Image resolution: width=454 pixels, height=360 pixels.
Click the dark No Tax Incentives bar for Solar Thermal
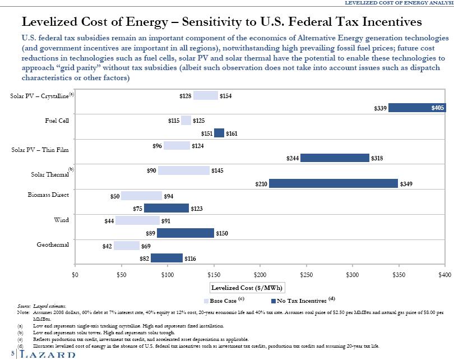[333, 183]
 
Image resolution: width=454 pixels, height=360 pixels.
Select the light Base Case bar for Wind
[137, 220]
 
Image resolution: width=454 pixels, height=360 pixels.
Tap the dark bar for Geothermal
[166, 258]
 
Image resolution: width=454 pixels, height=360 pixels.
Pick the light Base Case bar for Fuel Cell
[186, 120]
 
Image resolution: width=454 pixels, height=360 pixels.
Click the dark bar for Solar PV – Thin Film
[335, 158]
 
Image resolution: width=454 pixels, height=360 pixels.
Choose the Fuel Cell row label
[57, 121]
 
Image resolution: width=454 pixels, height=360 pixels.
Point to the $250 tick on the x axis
[306, 275]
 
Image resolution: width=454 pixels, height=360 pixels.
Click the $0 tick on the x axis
[75, 275]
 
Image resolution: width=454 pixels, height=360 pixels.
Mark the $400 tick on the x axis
[444, 275]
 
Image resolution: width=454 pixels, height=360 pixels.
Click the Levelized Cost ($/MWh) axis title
[247, 288]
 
